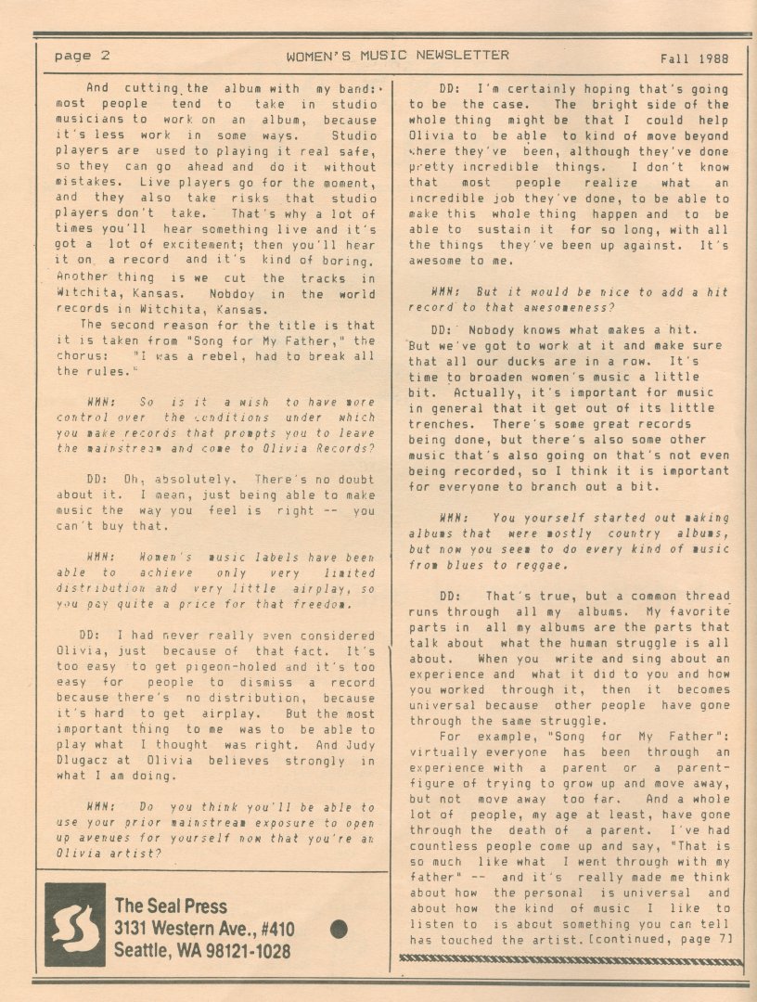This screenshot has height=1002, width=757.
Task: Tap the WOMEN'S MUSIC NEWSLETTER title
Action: click(x=397, y=56)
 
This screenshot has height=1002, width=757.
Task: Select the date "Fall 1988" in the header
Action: click(x=694, y=57)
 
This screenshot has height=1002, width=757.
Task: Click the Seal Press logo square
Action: click(x=75, y=925)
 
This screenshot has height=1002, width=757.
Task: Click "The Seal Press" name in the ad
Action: click(x=171, y=906)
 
